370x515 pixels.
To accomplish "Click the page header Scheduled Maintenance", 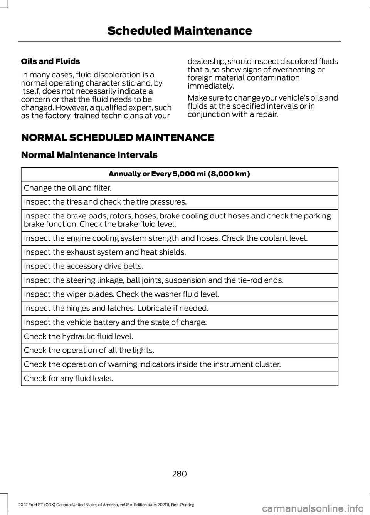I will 179,31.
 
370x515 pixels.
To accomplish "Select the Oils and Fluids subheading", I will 50,61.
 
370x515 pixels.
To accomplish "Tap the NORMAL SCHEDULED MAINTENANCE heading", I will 117,138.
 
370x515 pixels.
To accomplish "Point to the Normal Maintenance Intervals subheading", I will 89,155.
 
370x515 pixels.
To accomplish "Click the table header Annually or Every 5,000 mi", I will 179,174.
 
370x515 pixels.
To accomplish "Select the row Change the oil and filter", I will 68,188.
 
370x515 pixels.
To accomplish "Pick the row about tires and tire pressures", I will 105,202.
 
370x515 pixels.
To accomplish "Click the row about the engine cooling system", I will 166,238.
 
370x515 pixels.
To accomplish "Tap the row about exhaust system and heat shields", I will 105,252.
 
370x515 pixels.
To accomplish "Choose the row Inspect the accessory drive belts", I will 84,266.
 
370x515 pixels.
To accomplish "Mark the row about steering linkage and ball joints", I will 153,280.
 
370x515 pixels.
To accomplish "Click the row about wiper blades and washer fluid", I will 121,294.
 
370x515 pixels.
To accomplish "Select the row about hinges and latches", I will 116,308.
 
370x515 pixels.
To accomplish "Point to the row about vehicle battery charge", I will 115,322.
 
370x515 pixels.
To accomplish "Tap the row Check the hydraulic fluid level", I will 79,336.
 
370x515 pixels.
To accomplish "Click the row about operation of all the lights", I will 89,350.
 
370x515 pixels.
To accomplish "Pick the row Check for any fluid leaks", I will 69,378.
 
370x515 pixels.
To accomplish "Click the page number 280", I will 179,474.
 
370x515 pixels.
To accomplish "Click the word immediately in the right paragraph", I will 211,86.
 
